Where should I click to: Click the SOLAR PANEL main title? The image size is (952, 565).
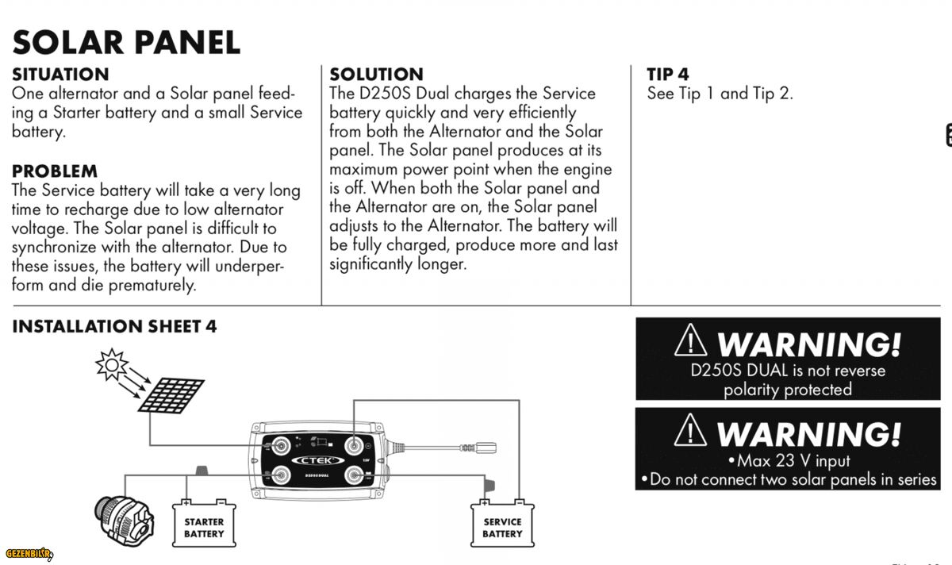pyautogui.click(x=126, y=42)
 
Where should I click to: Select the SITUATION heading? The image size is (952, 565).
pyautogui.click(x=60, y=75)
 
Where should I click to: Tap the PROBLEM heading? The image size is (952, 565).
pyautogui.click(x=55, y=171)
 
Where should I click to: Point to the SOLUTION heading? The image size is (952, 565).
pyautogui.click(x=376, y=75)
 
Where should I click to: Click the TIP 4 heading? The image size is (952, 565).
pyautogui.click(x=667, y=75)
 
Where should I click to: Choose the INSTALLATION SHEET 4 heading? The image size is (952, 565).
pyautogui.click(x=114, y=326)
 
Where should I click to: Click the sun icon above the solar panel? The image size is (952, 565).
pyautogui.click(x=112, y=364)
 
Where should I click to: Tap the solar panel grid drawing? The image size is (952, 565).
pyautogui.click(x=171, y=394)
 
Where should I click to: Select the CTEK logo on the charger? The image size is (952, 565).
pyautogui.click(x=318, y=460)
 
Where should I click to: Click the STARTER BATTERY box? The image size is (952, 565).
pyautogui.click(x=204, y=525)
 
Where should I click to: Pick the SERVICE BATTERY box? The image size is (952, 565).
pyautogui.click(x=502, y=525)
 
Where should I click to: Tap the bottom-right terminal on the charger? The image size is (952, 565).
pyautogui.click(x=354, y=475)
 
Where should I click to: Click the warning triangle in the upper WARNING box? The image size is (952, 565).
pyautogui.click(x=691, y=342)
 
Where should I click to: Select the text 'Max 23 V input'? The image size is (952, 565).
pyautogui.click(x=789, y=460)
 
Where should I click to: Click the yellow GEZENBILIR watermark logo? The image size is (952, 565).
pyautogui.click(x=29, y=552)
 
